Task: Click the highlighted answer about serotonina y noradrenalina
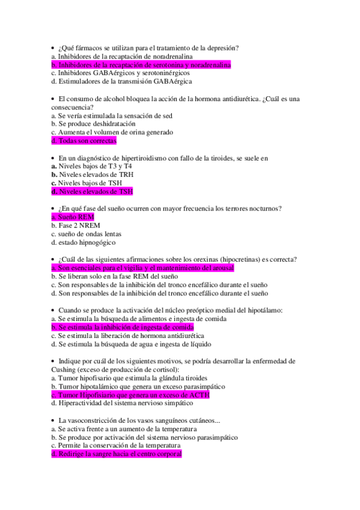(141, 64)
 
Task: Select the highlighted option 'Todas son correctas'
(84, 141)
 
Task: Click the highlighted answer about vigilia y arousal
(142, 268)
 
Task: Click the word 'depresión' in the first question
(223, 47)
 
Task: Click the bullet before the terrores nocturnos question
(53, 208)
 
